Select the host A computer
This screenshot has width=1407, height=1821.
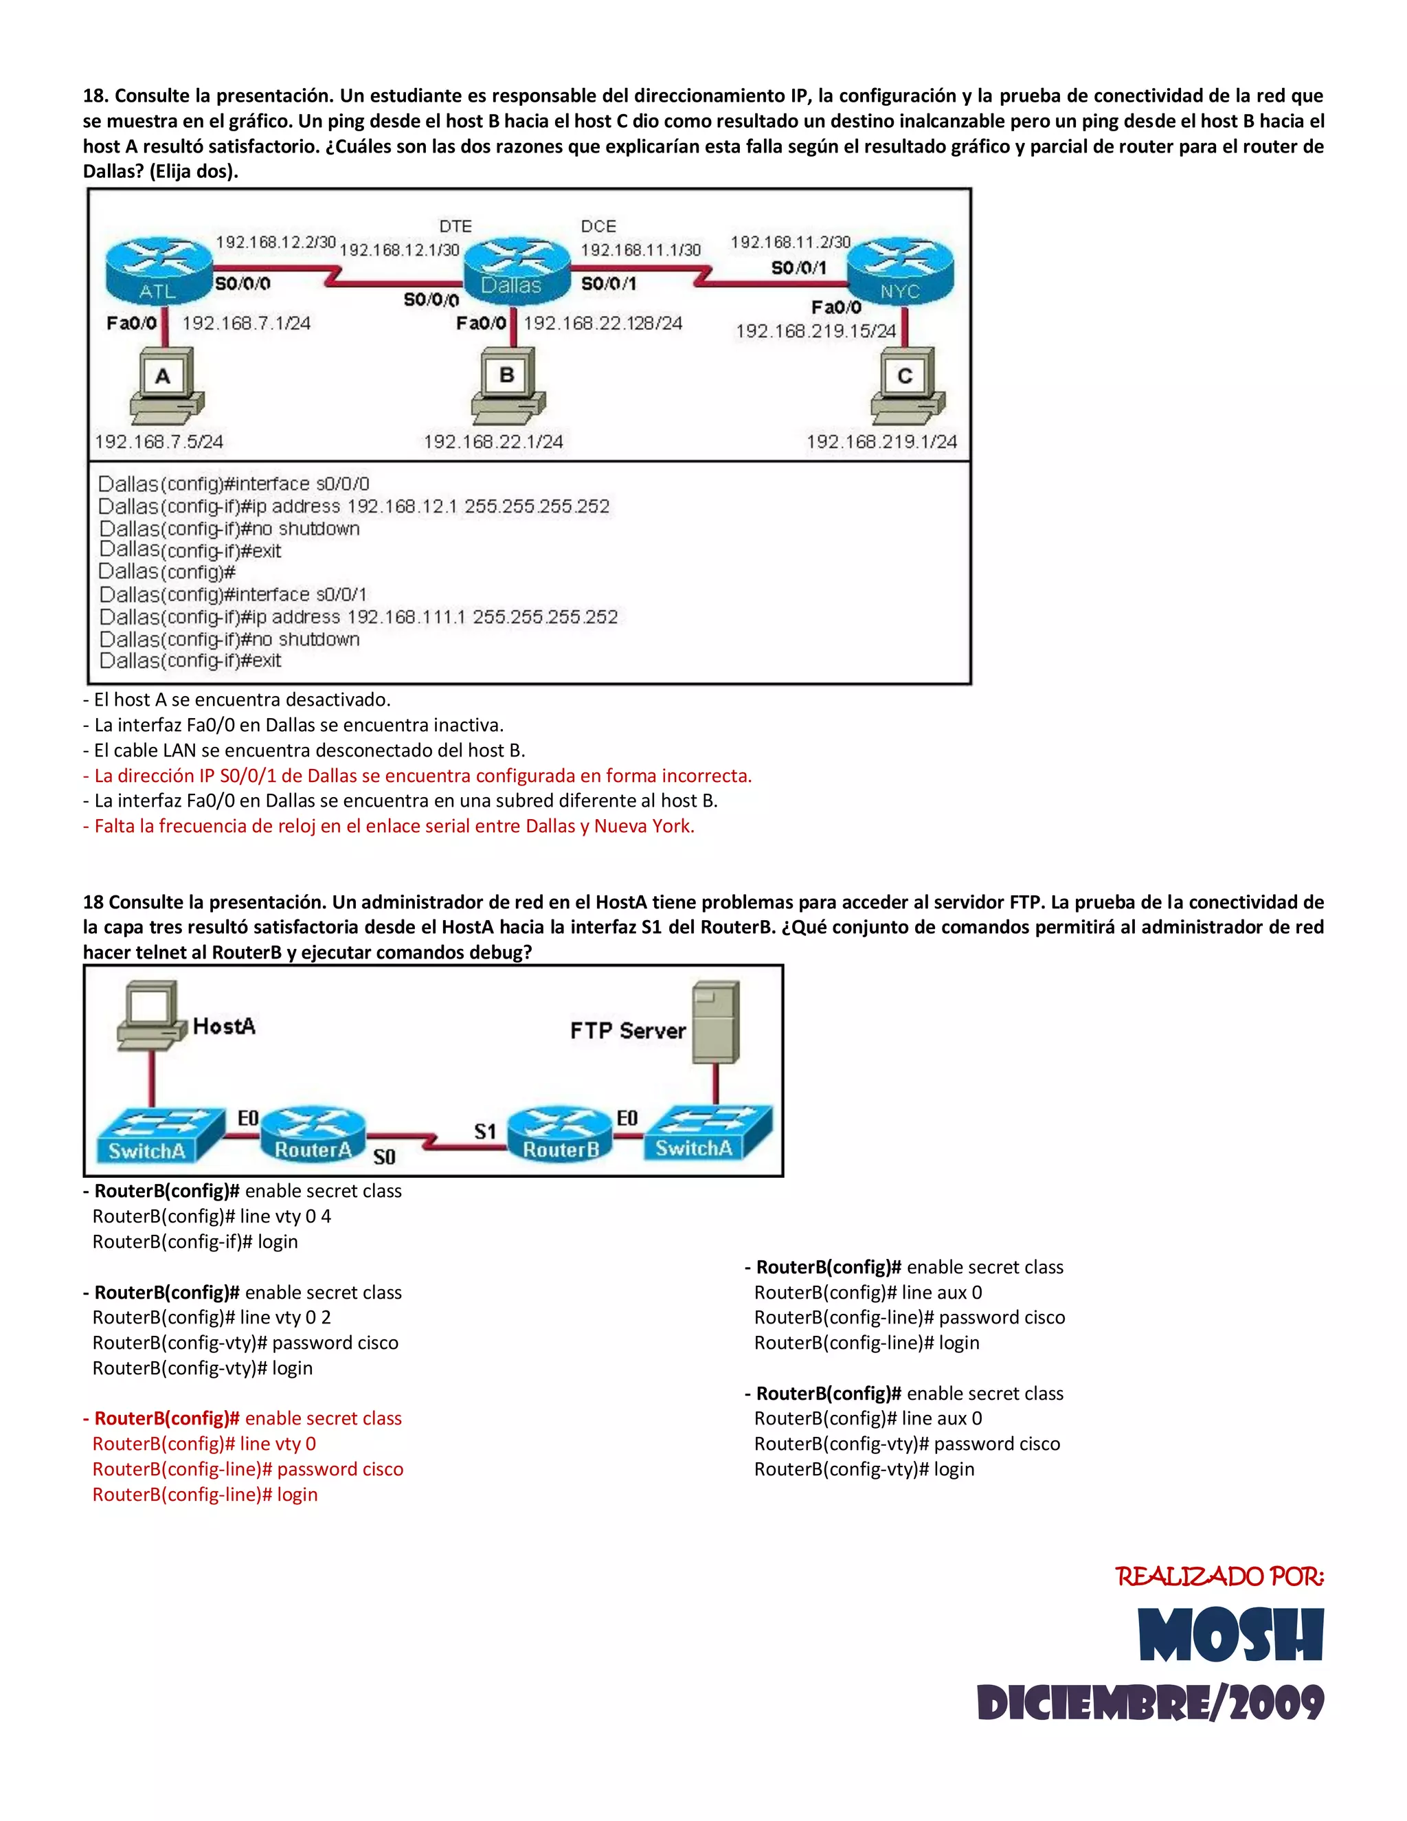pyautogui.click(x=165, y=386)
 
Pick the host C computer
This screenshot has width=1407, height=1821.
pyautogui.click(x=907, y=386)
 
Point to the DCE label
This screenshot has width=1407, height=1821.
pyautogui.click(x=598, y=226)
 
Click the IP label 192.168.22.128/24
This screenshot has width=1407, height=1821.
pyautogui.click(x=603, y=323)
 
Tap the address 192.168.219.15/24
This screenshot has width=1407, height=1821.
pyautogui.click(x=815, y=331)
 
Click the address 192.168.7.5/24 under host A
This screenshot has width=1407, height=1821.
pyautogui.click(x=159, y=441)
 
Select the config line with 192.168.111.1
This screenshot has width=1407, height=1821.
pyautogui.click(x=359, y=617)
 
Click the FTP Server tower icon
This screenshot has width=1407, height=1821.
pyautogui.click(x=716, y=1023)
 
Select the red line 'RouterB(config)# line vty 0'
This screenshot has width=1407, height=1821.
pyautogui.click(x=204, y=1444)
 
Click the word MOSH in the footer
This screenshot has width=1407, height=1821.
pyautogui.click(x=1230, y=1636)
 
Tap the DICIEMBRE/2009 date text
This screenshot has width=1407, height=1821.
pyautogui.click(x=1150, y=1703)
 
